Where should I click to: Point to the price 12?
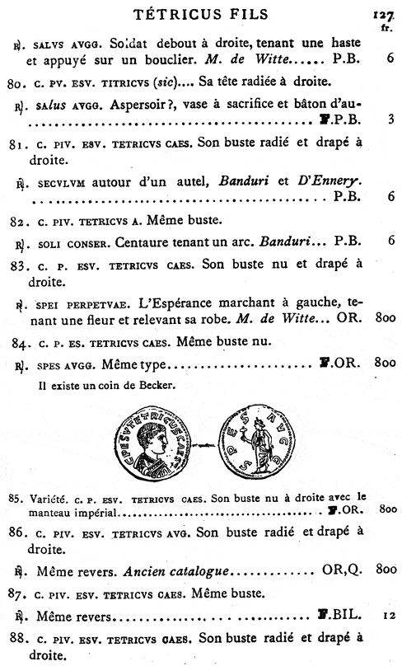tap(389, 617)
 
